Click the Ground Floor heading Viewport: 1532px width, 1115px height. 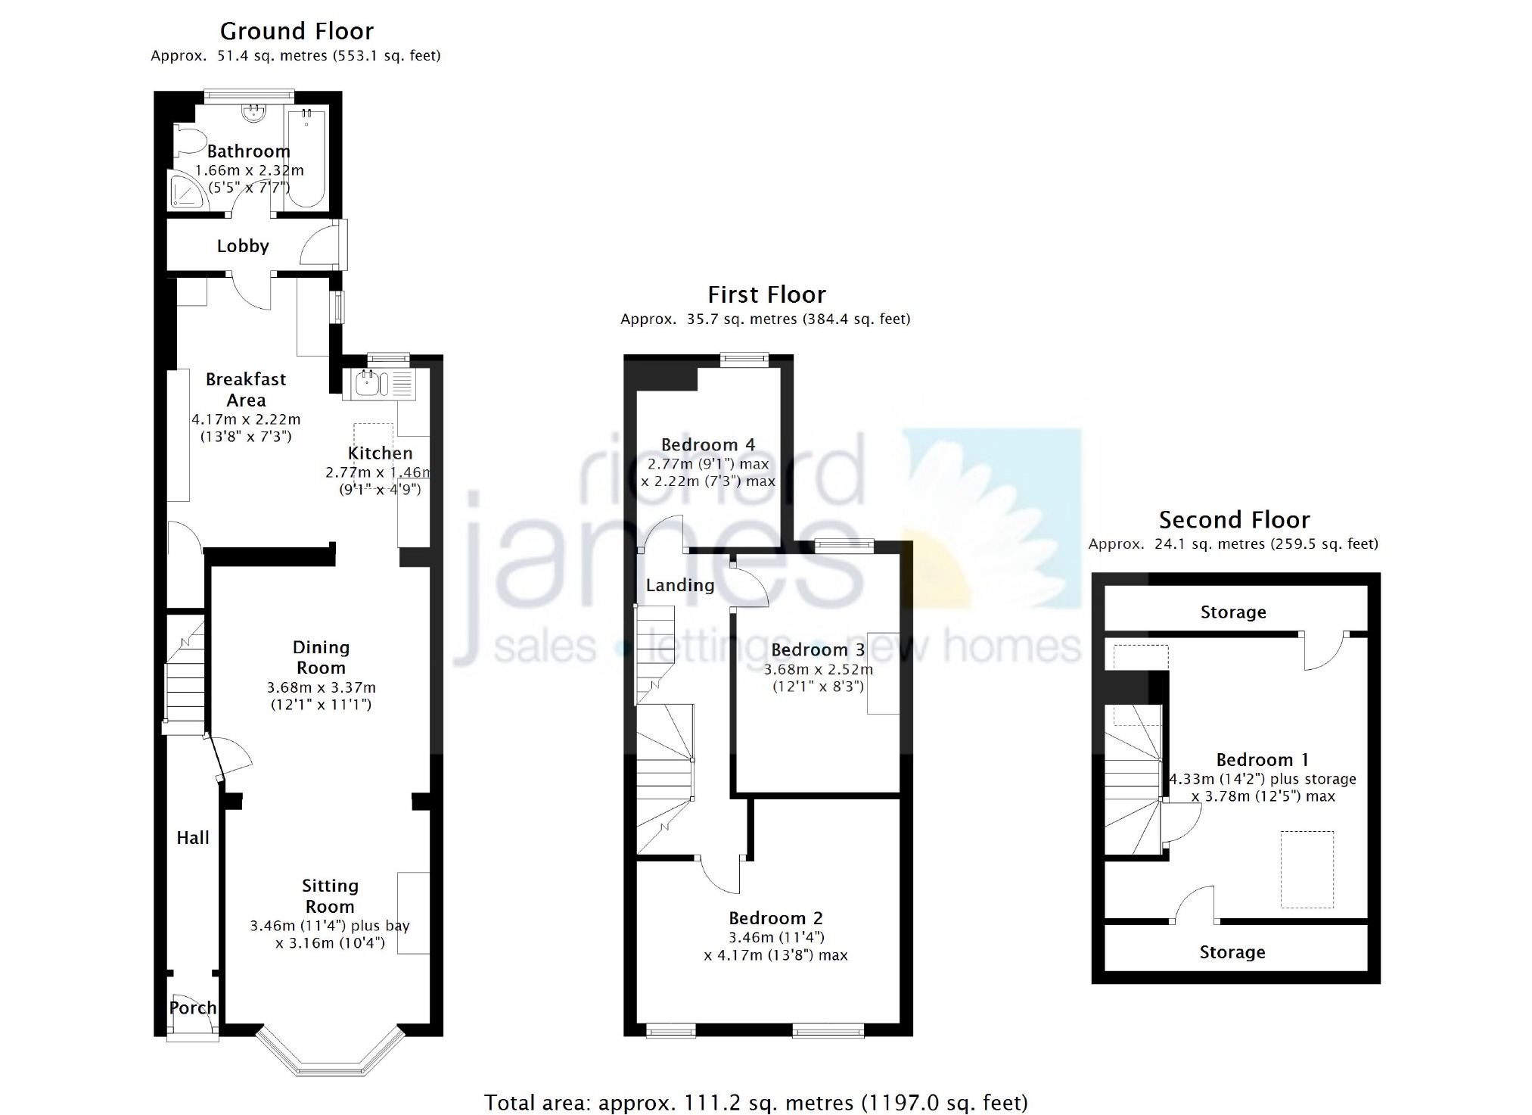click(297, 31)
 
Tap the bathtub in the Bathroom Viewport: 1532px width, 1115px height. click(306, 157)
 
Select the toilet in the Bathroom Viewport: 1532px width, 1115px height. click(190, 141)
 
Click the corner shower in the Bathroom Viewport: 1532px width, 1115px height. click(186, 189)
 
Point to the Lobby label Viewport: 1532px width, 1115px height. click(243, 246)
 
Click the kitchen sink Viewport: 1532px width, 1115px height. click(378, 384)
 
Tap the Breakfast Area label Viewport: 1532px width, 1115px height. click(246, 389)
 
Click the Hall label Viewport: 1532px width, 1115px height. click(193, 837)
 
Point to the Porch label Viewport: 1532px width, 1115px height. click(193, 1008)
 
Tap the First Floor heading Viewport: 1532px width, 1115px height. click(766, 294)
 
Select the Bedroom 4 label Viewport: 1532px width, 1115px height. click(708, 444)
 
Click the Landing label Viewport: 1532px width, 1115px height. click(679, 585)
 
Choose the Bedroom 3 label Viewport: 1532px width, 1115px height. click(818, 649)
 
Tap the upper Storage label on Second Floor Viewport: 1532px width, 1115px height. click(1233, 612)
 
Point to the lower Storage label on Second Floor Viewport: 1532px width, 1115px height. click(1232, 952)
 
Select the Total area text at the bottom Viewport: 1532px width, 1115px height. click(756, 1102)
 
